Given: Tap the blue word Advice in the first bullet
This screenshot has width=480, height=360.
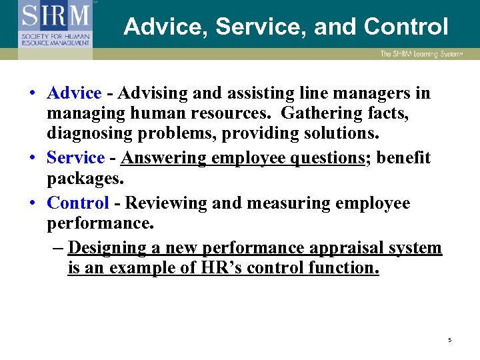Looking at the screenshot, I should point(74,94).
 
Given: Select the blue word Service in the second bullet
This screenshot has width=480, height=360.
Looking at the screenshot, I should point(75,158).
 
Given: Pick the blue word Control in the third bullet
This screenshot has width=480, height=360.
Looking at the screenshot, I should point(78,203).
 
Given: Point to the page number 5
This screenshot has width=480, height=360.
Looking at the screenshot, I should point(449,340).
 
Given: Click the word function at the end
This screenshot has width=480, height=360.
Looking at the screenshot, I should point(342,269).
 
